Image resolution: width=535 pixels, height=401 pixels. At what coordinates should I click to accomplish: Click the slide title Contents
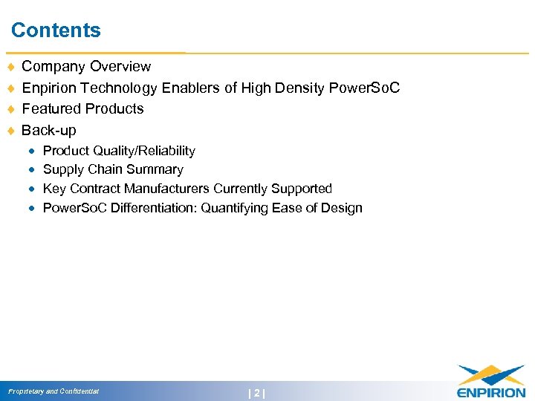(x=56, y=30)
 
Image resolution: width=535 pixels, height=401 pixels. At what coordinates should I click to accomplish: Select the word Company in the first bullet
(x=53, y=68)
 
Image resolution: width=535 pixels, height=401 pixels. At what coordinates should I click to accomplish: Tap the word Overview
(x=120, y=68)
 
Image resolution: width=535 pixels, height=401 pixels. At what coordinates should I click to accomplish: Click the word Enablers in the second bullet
(x=190, y=88)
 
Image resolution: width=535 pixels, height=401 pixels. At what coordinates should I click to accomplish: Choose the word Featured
(x=52, y=109)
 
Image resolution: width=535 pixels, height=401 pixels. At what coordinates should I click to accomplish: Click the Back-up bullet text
(x=49, y=131)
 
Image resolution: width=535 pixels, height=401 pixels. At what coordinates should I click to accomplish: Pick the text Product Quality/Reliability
(x=119, y=151)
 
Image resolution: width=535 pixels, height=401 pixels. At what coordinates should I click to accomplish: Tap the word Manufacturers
(x=167, y=189)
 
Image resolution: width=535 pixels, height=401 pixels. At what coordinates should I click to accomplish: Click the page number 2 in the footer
(x=257, y=393)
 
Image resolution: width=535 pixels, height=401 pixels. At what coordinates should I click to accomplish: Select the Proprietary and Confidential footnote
(x=53, y=391)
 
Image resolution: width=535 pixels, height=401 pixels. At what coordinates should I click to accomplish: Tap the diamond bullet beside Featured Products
(x=10, y=110)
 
